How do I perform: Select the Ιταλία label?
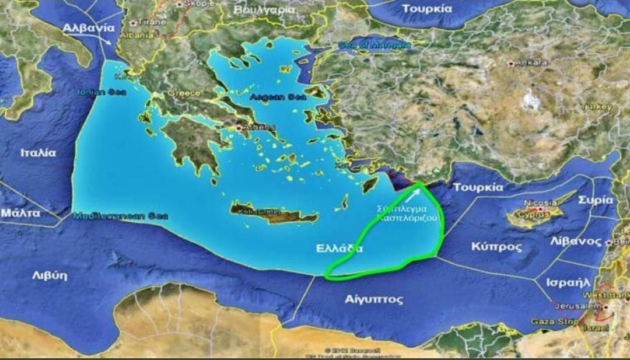[x=38, y=153]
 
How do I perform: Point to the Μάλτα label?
[x=20, y=212]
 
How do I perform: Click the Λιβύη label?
[x=49, y=275]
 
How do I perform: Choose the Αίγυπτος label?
[x=374, y=300]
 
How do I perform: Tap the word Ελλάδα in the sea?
[x=339, y=248]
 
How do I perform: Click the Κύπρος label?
[x=496, y=246]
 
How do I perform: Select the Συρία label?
[x=595, y=200]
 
